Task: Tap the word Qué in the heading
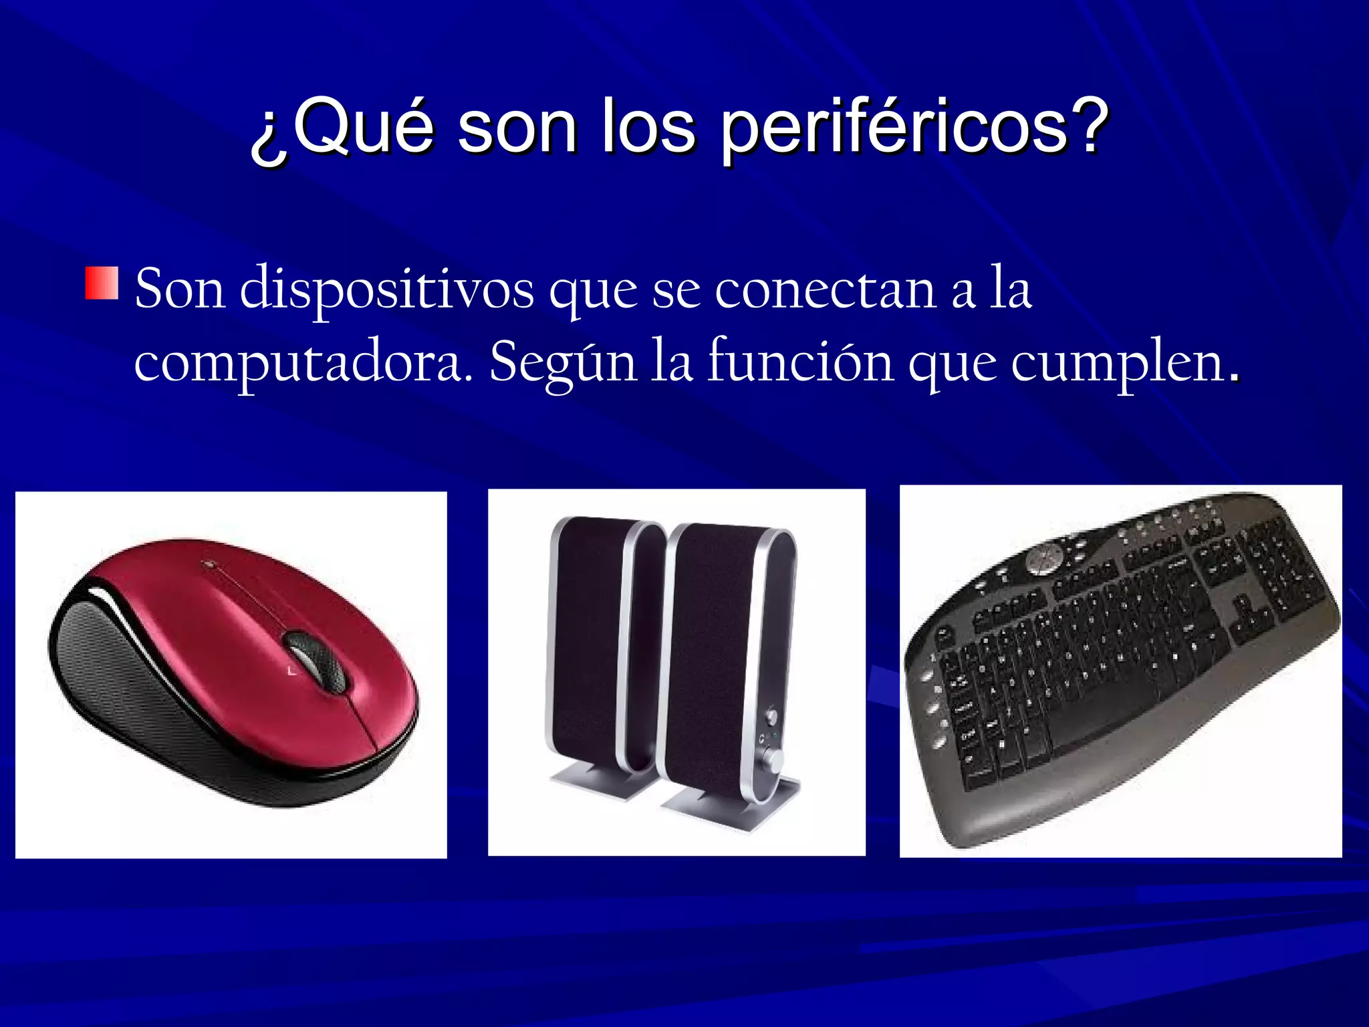tap(364, 127)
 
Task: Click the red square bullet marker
tap(102, 283)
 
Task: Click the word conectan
tap(825, 290)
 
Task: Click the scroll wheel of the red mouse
tap(314, 659)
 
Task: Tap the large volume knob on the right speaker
tap(774, 759)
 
